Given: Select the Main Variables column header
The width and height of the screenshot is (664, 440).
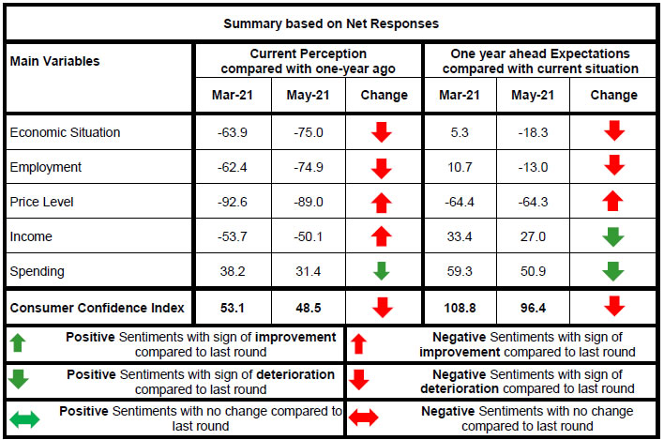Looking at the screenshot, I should point(54,61).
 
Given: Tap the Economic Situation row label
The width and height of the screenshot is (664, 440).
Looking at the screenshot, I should point(65,132).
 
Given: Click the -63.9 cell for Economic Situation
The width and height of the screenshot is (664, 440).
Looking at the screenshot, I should point(233,132).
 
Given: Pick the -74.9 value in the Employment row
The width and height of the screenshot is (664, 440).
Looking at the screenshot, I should point(308,167).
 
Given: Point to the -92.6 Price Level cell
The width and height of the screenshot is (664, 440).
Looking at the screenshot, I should point(233,202).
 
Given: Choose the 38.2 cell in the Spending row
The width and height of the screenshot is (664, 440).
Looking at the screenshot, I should point(233,271).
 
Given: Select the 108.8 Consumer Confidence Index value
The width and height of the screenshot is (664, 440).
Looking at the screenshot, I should point(460,307).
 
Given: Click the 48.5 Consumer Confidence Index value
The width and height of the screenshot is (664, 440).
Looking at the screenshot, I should point(308,307).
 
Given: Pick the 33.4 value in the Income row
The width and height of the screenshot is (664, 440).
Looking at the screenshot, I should point(460,236).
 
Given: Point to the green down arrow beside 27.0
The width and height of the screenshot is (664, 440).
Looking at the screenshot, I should point(613,236).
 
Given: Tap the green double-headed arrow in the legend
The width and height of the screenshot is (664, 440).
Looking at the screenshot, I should point(25,418).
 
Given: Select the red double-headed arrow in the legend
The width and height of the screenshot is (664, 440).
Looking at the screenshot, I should point(364,418).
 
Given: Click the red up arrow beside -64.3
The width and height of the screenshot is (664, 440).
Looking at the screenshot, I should point(613,202).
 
